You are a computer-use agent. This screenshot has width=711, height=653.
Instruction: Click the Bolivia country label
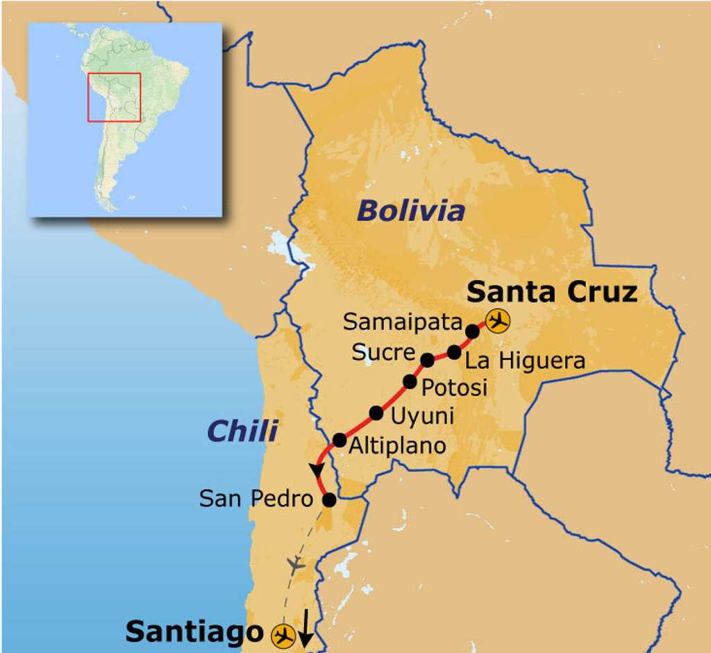[x=410, y=210]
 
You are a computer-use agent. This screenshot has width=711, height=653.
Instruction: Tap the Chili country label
[x=242, y=431]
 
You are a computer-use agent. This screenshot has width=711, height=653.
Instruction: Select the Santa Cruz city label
[x=552, y=292]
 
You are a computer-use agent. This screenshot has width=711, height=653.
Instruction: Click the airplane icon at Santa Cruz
[x=497, y=322]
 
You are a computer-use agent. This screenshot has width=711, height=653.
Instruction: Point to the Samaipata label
[x=403, y=322]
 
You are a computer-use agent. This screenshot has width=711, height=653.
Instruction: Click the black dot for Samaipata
[x=472, y=331]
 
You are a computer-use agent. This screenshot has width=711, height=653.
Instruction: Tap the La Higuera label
[x=525, y=361]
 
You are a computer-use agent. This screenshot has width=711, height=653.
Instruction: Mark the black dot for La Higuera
[x=454, y=352]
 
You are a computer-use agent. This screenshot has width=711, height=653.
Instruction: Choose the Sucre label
[x=383, y=352]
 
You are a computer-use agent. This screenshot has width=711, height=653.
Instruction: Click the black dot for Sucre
[x=428, y=360]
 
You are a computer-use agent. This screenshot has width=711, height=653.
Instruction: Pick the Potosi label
[x=455, y=387]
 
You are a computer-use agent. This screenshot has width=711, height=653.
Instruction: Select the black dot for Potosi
[x=410, y=381]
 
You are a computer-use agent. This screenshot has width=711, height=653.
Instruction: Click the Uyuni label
[x=422, y=416]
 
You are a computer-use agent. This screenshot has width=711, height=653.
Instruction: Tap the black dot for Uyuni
[x=376, y=413]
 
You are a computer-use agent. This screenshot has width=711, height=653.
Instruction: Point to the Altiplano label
[x=397, y=446]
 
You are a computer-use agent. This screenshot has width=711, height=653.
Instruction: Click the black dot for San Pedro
[x=329, y=499]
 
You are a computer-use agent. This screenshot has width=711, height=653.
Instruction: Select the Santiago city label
[x=194, y=631]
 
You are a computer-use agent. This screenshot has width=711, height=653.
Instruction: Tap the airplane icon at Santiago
[x=283, y=634]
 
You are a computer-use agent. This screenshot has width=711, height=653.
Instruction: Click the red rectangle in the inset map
[x=114, y=97]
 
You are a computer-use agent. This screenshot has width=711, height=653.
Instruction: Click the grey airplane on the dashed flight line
[x=296, y=564]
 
